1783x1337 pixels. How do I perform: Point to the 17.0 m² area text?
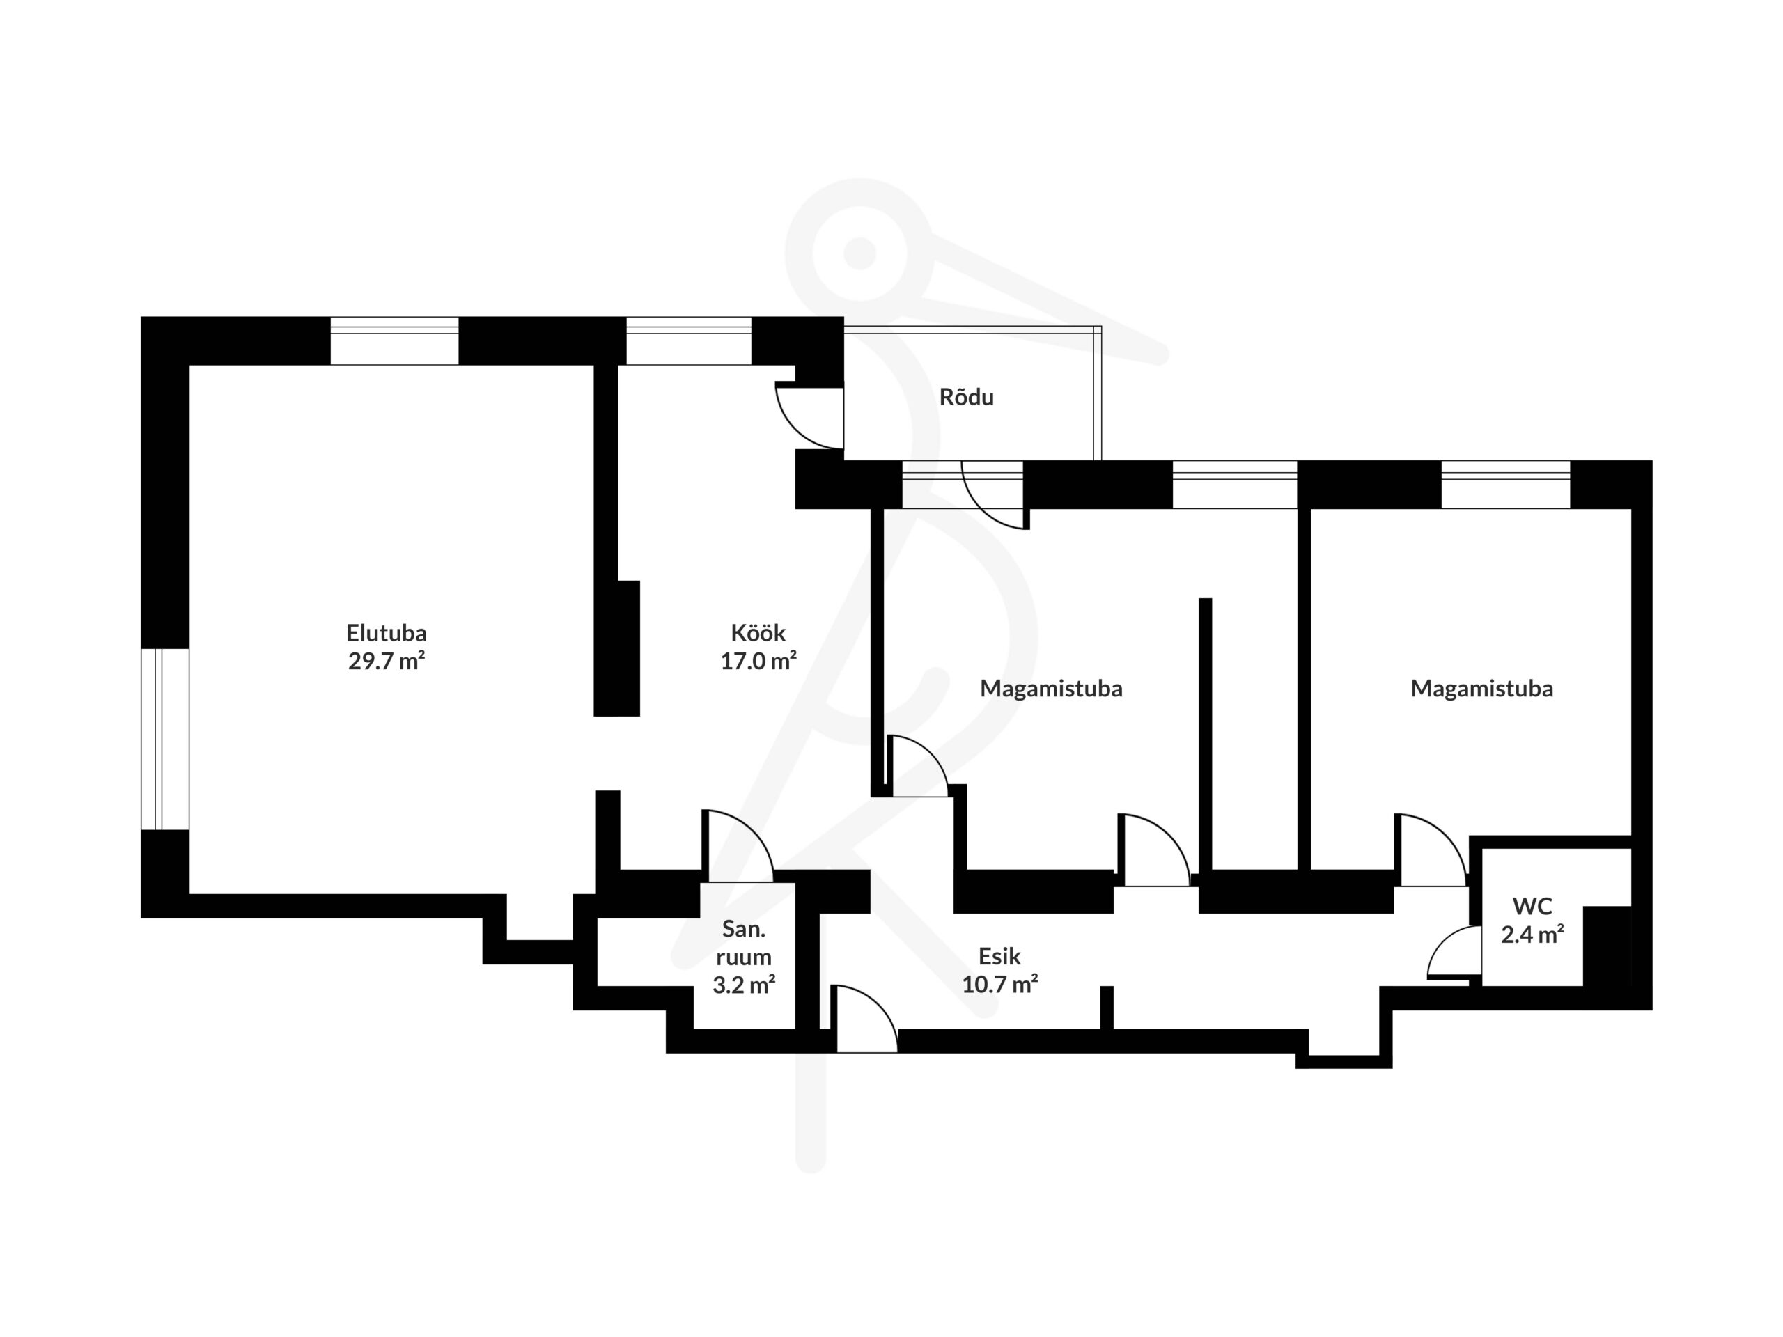point(758,661)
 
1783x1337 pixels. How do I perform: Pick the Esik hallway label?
point(999,956)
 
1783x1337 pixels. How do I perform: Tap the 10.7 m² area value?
point(999,984)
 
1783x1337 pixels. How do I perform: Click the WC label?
point(1532,906)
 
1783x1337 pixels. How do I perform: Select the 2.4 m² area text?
point(1532,934)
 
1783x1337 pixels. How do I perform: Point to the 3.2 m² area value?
point(743,984)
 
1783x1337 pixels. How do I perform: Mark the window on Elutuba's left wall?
point(165,739)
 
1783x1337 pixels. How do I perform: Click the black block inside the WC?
point(1607,946)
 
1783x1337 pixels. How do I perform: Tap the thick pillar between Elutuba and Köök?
point(616,648)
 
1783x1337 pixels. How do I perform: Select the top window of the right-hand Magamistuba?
point(1506,485)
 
